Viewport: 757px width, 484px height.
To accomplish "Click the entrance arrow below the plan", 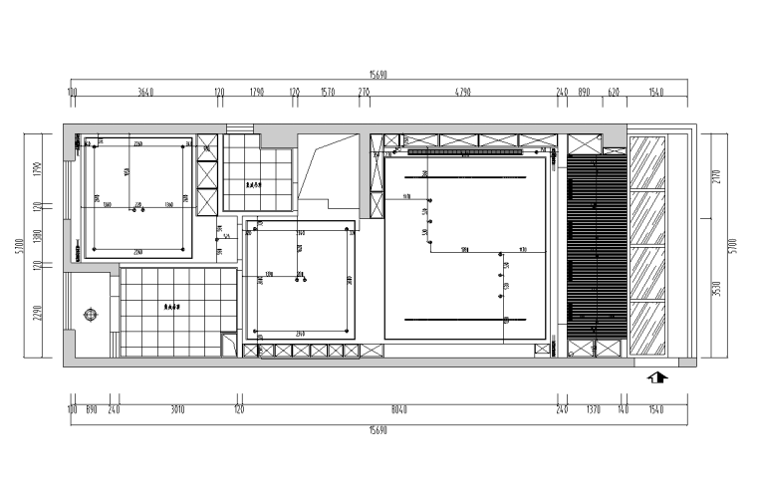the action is coord(658,377).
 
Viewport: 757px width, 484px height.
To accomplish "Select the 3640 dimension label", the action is coord(145,93).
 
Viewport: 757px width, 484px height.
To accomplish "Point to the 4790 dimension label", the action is coord(462,93).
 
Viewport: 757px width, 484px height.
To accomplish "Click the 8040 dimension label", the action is coord(398,407).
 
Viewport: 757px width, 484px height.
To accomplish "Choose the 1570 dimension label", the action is coord(328,93).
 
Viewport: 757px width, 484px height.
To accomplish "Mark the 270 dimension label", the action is coord(364,93).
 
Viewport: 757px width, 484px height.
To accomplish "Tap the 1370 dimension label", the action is coord(593,407).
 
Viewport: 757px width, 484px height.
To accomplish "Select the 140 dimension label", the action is coord(623,407).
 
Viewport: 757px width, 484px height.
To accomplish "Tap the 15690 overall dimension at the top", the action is coord(378,74).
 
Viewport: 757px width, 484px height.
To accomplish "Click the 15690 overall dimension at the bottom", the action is coord(378,429).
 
